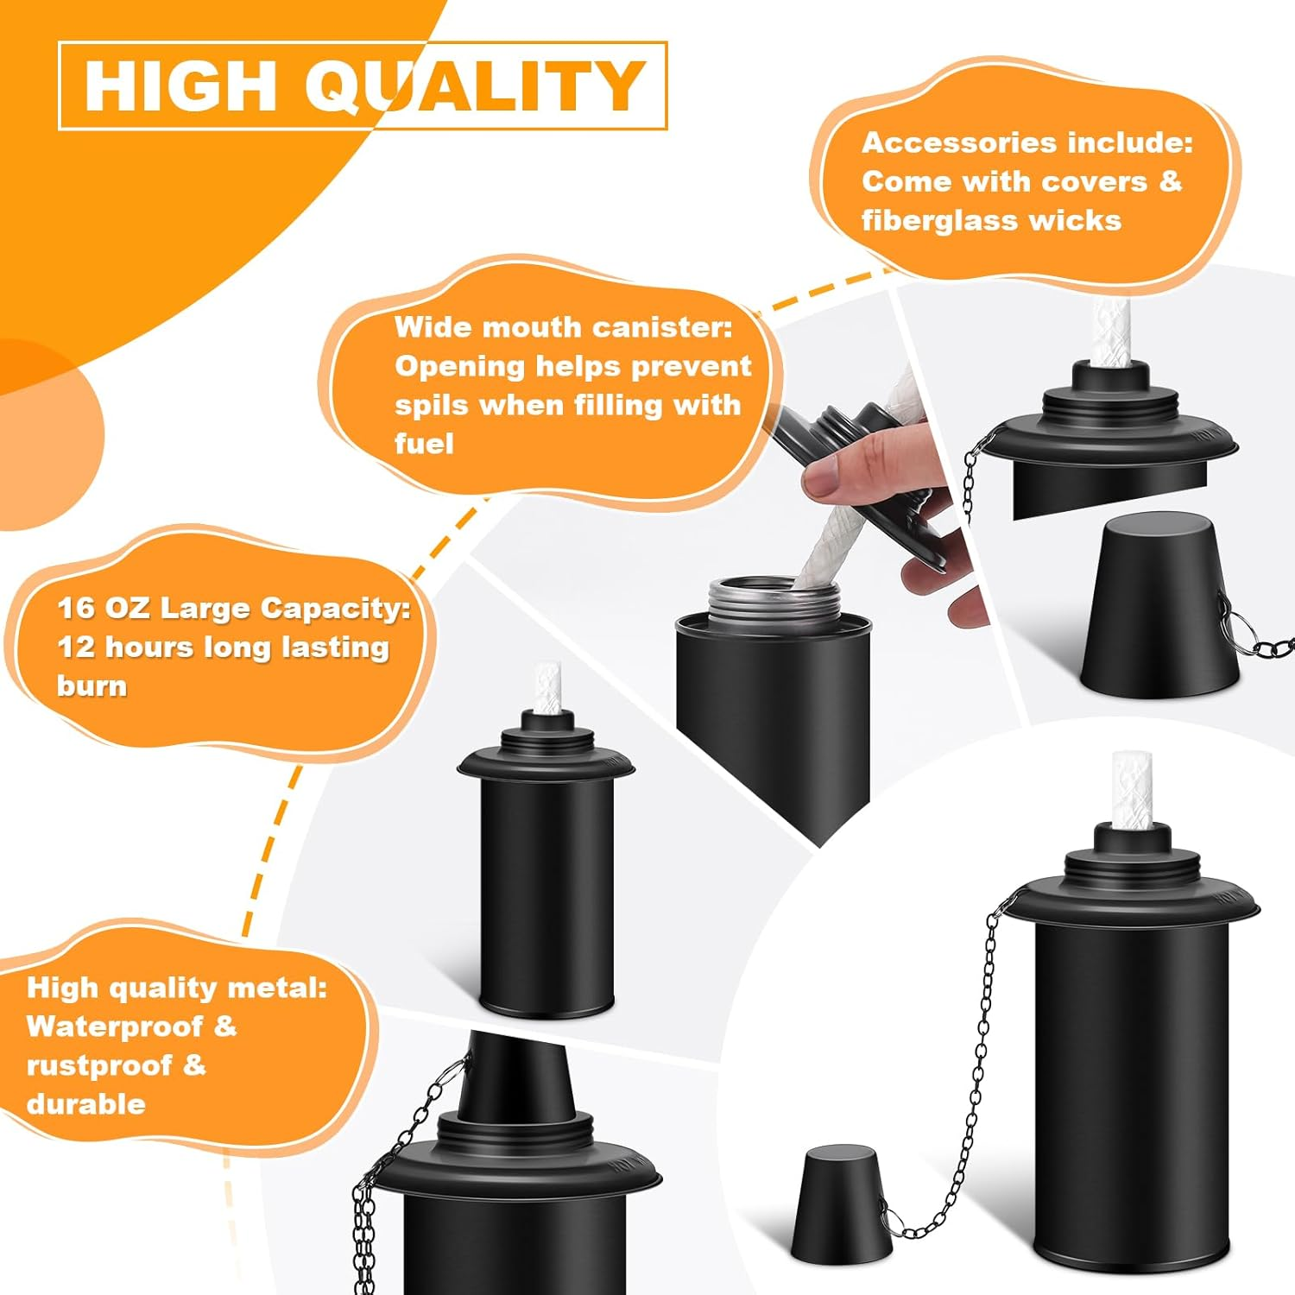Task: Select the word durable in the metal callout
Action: [85, 1104]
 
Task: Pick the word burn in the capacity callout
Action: [92, 685]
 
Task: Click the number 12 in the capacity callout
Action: [75, 647]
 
